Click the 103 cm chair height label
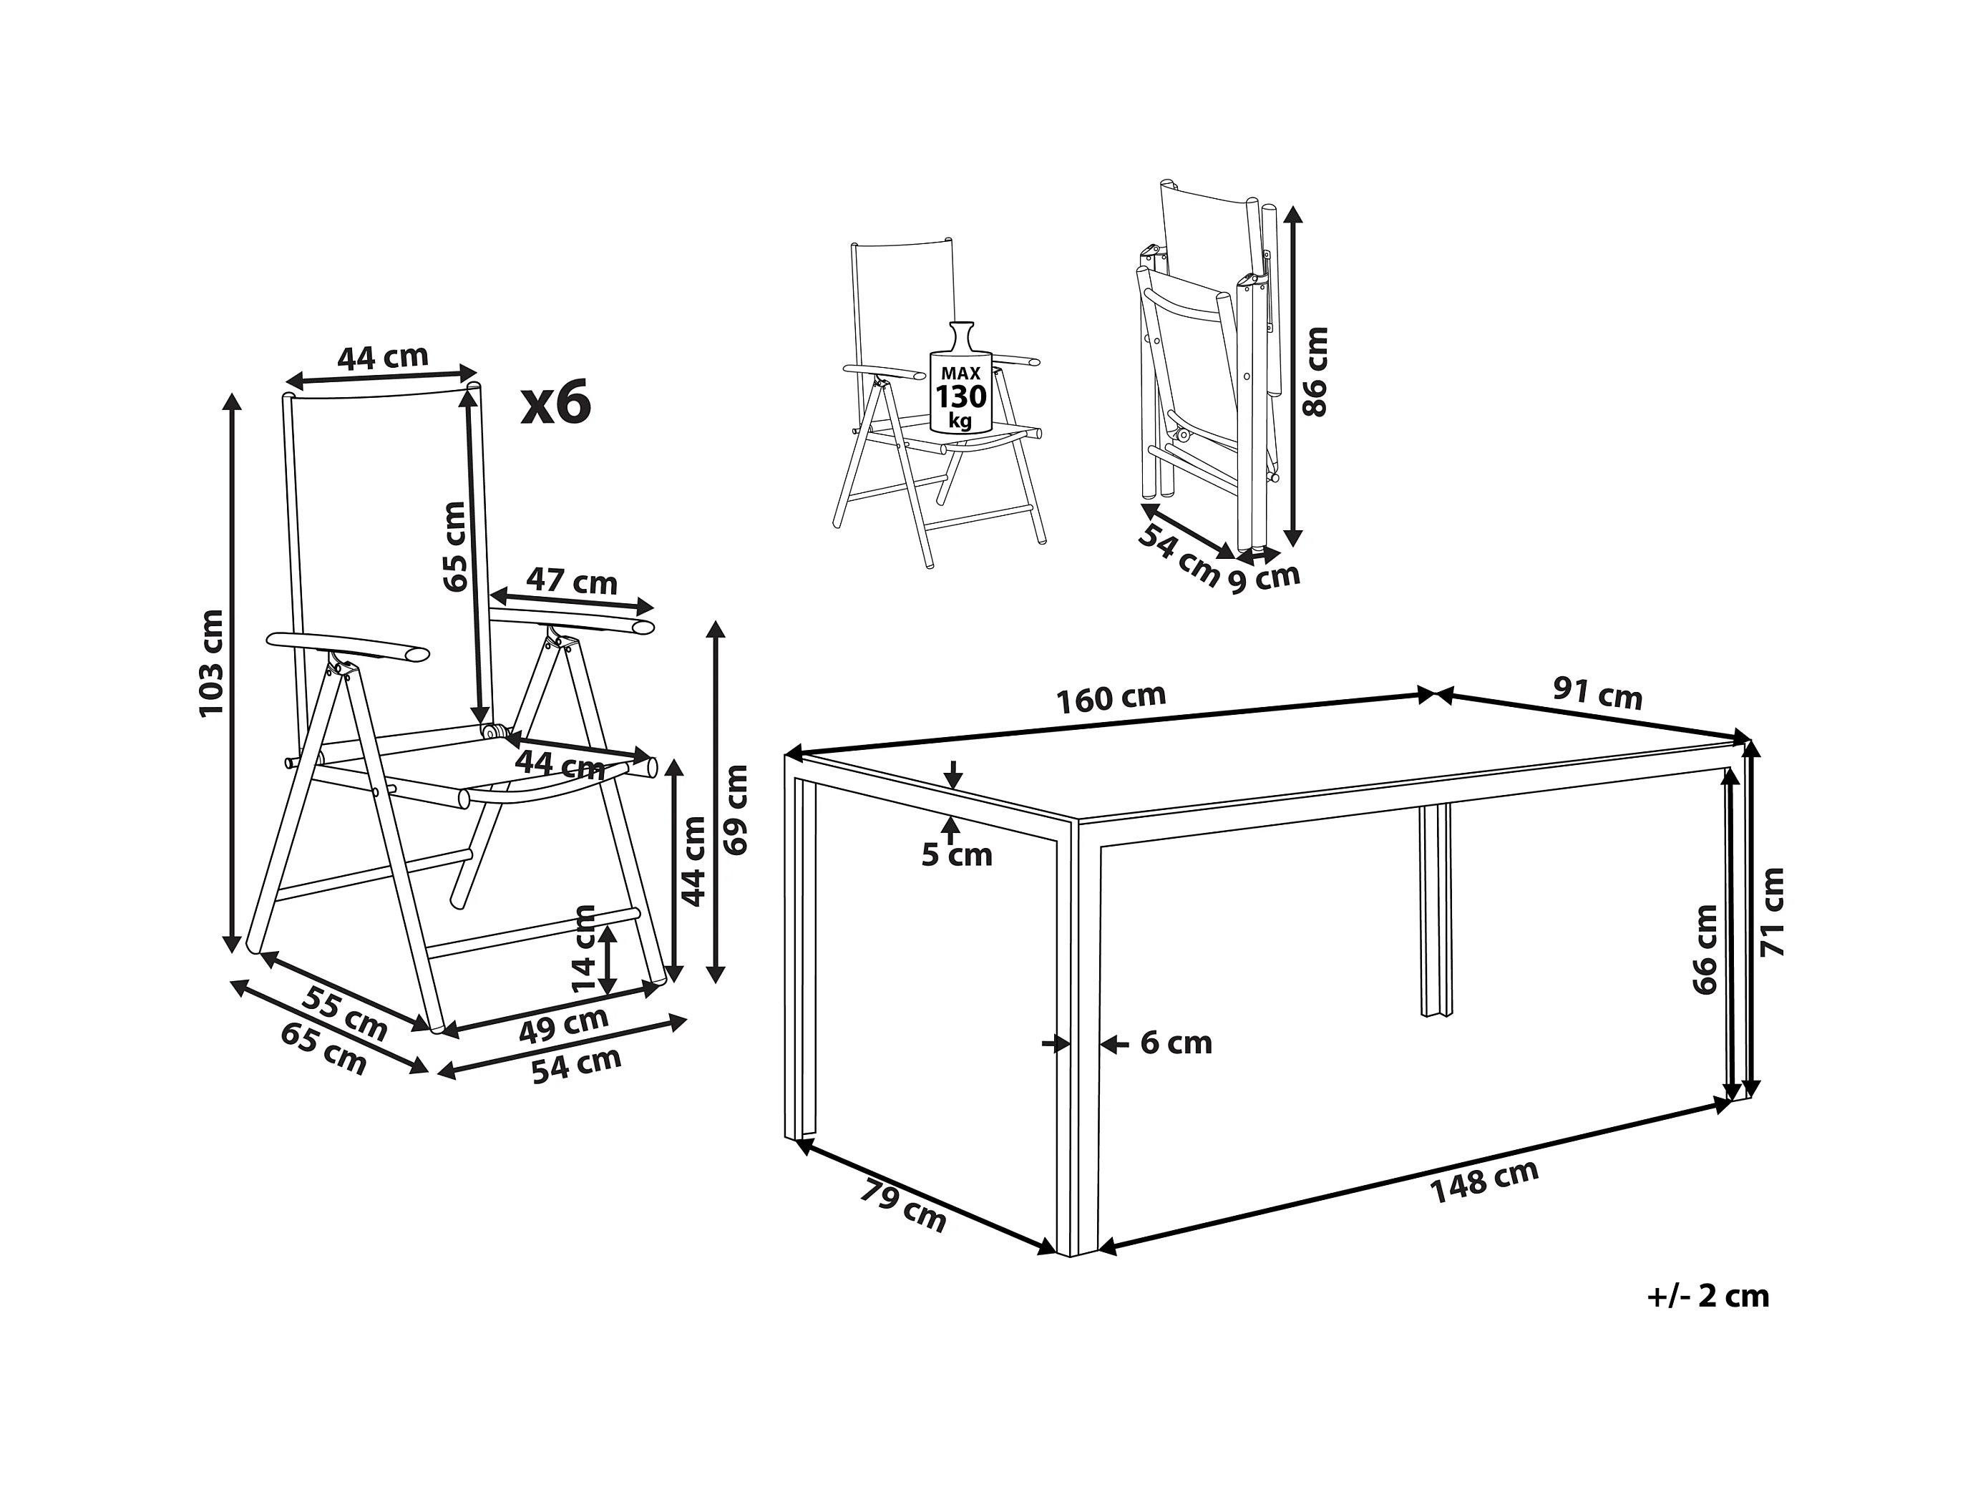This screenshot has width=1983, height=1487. pos(212,663)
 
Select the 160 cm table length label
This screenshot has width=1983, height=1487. pos(1111,698)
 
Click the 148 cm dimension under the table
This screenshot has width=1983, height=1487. pos(1483,1181)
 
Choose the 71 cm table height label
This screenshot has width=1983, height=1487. pos(1773,912)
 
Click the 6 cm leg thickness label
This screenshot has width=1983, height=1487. pos(1176,1043)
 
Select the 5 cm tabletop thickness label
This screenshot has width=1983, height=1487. pos(958,855)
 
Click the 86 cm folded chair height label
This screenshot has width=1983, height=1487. pos(1315,371)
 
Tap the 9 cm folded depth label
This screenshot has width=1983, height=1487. pos(1264,578)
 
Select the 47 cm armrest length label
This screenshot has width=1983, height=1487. pos(572,582)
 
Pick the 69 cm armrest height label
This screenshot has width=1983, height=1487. pos(735,809)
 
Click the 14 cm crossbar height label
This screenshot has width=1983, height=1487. pos(584,948)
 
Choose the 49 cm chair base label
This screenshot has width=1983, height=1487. pos(564,1025)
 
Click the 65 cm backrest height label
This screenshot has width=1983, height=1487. pos(455,546)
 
